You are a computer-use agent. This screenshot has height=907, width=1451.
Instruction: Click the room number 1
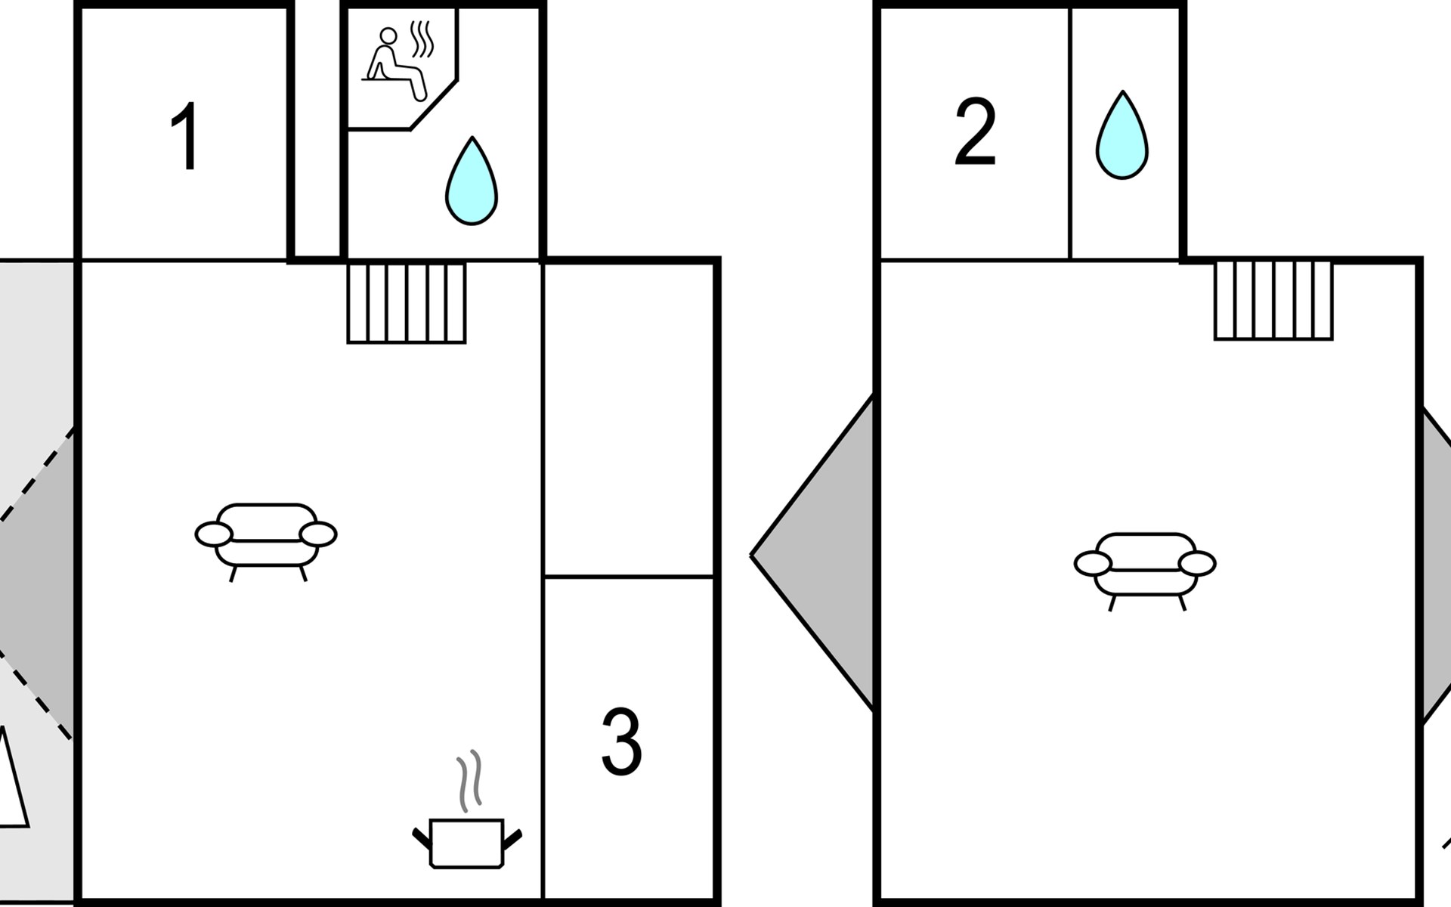pyautogui.click(x=185, y=138)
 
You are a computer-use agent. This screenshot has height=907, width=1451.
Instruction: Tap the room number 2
pyautogui.click(x=975, y=132)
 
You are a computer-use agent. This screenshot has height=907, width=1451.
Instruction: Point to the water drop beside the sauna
pyautogui.click(x=472, y=182)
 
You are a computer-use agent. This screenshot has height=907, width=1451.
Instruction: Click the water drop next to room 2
pyautogui.click(x=1122, y=137)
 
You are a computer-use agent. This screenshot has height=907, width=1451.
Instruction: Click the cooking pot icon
pyautogui.click(x=466, y=842)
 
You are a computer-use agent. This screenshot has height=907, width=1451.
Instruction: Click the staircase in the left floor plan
pyautogui.click(x=407, y=302)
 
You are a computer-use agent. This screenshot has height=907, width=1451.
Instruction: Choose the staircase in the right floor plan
pyautogui.click(x=1273, y=300)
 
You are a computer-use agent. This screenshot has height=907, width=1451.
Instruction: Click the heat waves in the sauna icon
pyautogui.click(x=422, y=39)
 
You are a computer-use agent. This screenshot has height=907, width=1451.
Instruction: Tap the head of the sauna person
pyautogui.click(x=388, y=36)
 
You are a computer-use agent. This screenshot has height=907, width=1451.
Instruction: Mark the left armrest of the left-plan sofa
pyautogui.click(x=213, y=534)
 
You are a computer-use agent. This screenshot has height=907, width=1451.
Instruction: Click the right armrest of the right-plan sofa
pyautogui.click(x=1197, y=564)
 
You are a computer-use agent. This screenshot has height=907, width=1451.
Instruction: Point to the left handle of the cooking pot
pyautogui.click(x=421, y=837)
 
